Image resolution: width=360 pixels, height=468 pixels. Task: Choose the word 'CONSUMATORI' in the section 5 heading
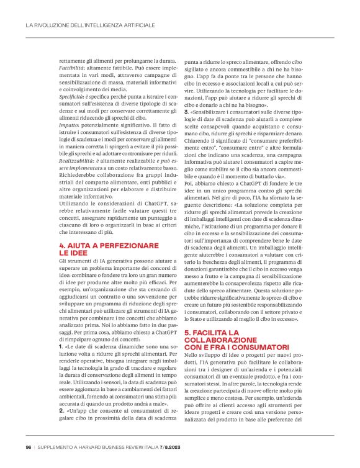265,346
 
